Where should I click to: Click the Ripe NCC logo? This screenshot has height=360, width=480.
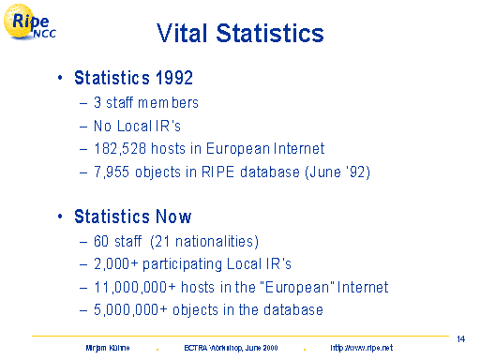(30, 22)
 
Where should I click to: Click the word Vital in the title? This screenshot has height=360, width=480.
(182, 33)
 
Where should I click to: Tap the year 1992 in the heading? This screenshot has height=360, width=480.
(174, 78)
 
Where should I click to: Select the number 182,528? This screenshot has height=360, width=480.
(120, 148)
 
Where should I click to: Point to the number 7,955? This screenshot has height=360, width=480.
(112, 172)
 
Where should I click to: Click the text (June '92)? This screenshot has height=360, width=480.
(337, 172)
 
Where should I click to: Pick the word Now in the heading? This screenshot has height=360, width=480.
(173, 217)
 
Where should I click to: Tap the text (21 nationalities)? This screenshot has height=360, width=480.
(204, 242)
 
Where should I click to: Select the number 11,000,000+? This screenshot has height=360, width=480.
(135, 287)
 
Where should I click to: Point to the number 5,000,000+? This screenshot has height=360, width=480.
(130, 310)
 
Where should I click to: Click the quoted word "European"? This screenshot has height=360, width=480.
(298, 287)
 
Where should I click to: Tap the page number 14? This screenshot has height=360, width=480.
(461, 339)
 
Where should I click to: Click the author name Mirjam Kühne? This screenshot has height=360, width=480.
(108, 348)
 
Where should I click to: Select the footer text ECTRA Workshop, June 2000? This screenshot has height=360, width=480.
(231, 348)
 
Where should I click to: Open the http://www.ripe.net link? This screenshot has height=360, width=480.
(362, 348)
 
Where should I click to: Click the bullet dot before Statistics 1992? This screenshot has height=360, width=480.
(60, 78)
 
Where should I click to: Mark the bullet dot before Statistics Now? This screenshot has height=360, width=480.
(60, 217)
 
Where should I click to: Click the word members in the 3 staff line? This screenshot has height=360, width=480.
(168, 102)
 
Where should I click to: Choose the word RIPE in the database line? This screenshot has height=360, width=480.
(217, 172)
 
